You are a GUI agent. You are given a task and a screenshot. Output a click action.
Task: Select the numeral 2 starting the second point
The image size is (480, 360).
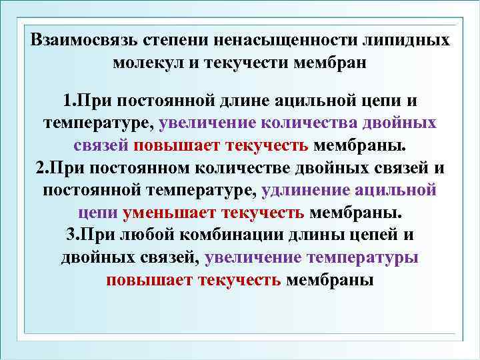point(38,168)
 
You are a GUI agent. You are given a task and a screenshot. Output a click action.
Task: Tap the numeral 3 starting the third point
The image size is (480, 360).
point(71,235)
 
